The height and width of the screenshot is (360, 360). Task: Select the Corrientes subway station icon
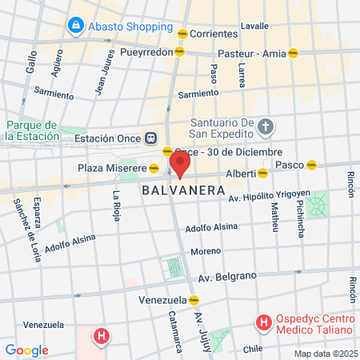pyautogui.click(x=183, y=34)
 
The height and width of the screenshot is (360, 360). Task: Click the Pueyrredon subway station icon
pyautogui.click(x=179, y=51)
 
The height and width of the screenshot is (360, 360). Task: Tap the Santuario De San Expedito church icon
pyautogui.click(x=267, y=126)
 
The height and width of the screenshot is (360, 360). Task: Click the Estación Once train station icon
pyautogui.click(x=150, y=138)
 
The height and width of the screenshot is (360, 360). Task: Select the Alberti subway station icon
pyautogui.click(x=262, y=173)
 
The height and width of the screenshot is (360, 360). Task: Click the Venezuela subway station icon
pyautogui.click(x=194, y=300)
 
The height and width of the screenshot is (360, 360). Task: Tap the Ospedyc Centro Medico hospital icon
pyautogui.click(x=262, y=323)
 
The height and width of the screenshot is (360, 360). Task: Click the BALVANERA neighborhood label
pyautogui.click(x=175, y=191)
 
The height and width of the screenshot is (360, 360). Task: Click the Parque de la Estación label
pyautogui.click(x=31, y=130)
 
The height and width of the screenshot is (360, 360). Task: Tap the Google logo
pyautogui.click(x=26, y=350)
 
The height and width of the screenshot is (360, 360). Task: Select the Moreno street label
pyautogui.click(x=206, y=252)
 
